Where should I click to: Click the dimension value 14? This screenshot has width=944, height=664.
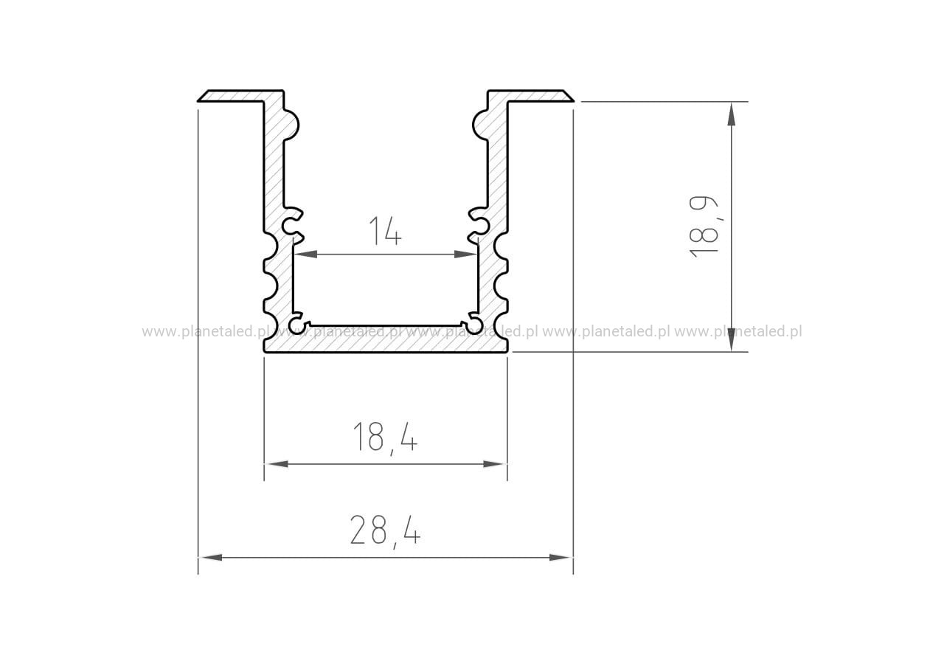pos(385,231)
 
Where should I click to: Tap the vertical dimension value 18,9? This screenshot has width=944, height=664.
pos(704,226)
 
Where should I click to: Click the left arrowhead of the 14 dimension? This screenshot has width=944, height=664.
pos(305,255)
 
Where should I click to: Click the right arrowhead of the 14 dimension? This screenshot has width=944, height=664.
pos(465,255)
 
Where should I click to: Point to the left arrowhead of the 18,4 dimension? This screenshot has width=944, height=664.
pos(277,464)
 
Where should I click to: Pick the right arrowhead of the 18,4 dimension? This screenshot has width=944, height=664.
pos(495,464)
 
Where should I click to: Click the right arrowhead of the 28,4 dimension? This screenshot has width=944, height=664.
pos(561,557)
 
